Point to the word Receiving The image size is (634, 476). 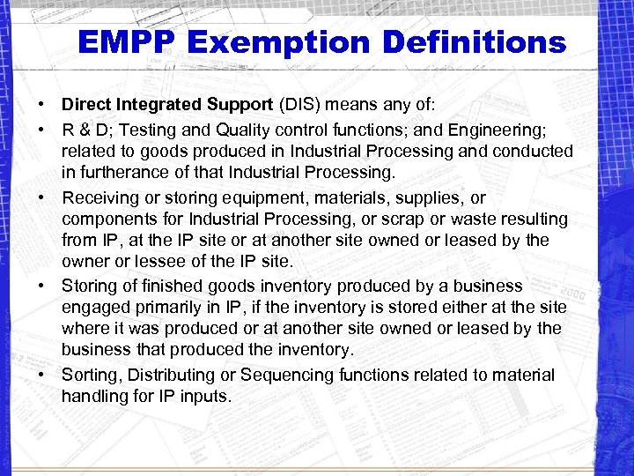pos(100,198)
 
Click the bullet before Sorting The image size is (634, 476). pos(41,376)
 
